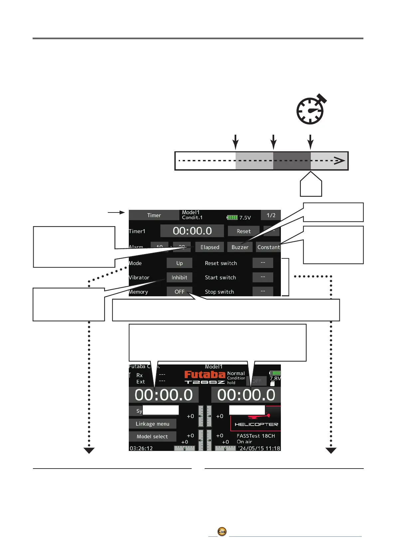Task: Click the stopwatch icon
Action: [310, 110]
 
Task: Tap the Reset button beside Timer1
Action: [244, 231]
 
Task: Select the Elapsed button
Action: [210, 247]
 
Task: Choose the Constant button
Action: [268, 247]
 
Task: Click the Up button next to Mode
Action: [179, 263]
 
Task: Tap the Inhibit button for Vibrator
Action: [179, 277]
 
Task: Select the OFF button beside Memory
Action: [179, 292]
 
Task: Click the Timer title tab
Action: [154, 215]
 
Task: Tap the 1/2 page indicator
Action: [271, 215]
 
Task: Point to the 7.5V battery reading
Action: [245, 217]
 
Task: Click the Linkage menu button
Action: [152, 424]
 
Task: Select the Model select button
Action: [152, 436]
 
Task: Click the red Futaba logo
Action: [205, 374]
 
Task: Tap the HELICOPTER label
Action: [256, 424]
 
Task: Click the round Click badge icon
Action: [222, 531]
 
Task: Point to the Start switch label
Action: [220, 277]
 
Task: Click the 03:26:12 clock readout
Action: [141, 448]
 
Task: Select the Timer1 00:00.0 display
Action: [192, 231]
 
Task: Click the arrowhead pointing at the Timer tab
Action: [122, 212]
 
